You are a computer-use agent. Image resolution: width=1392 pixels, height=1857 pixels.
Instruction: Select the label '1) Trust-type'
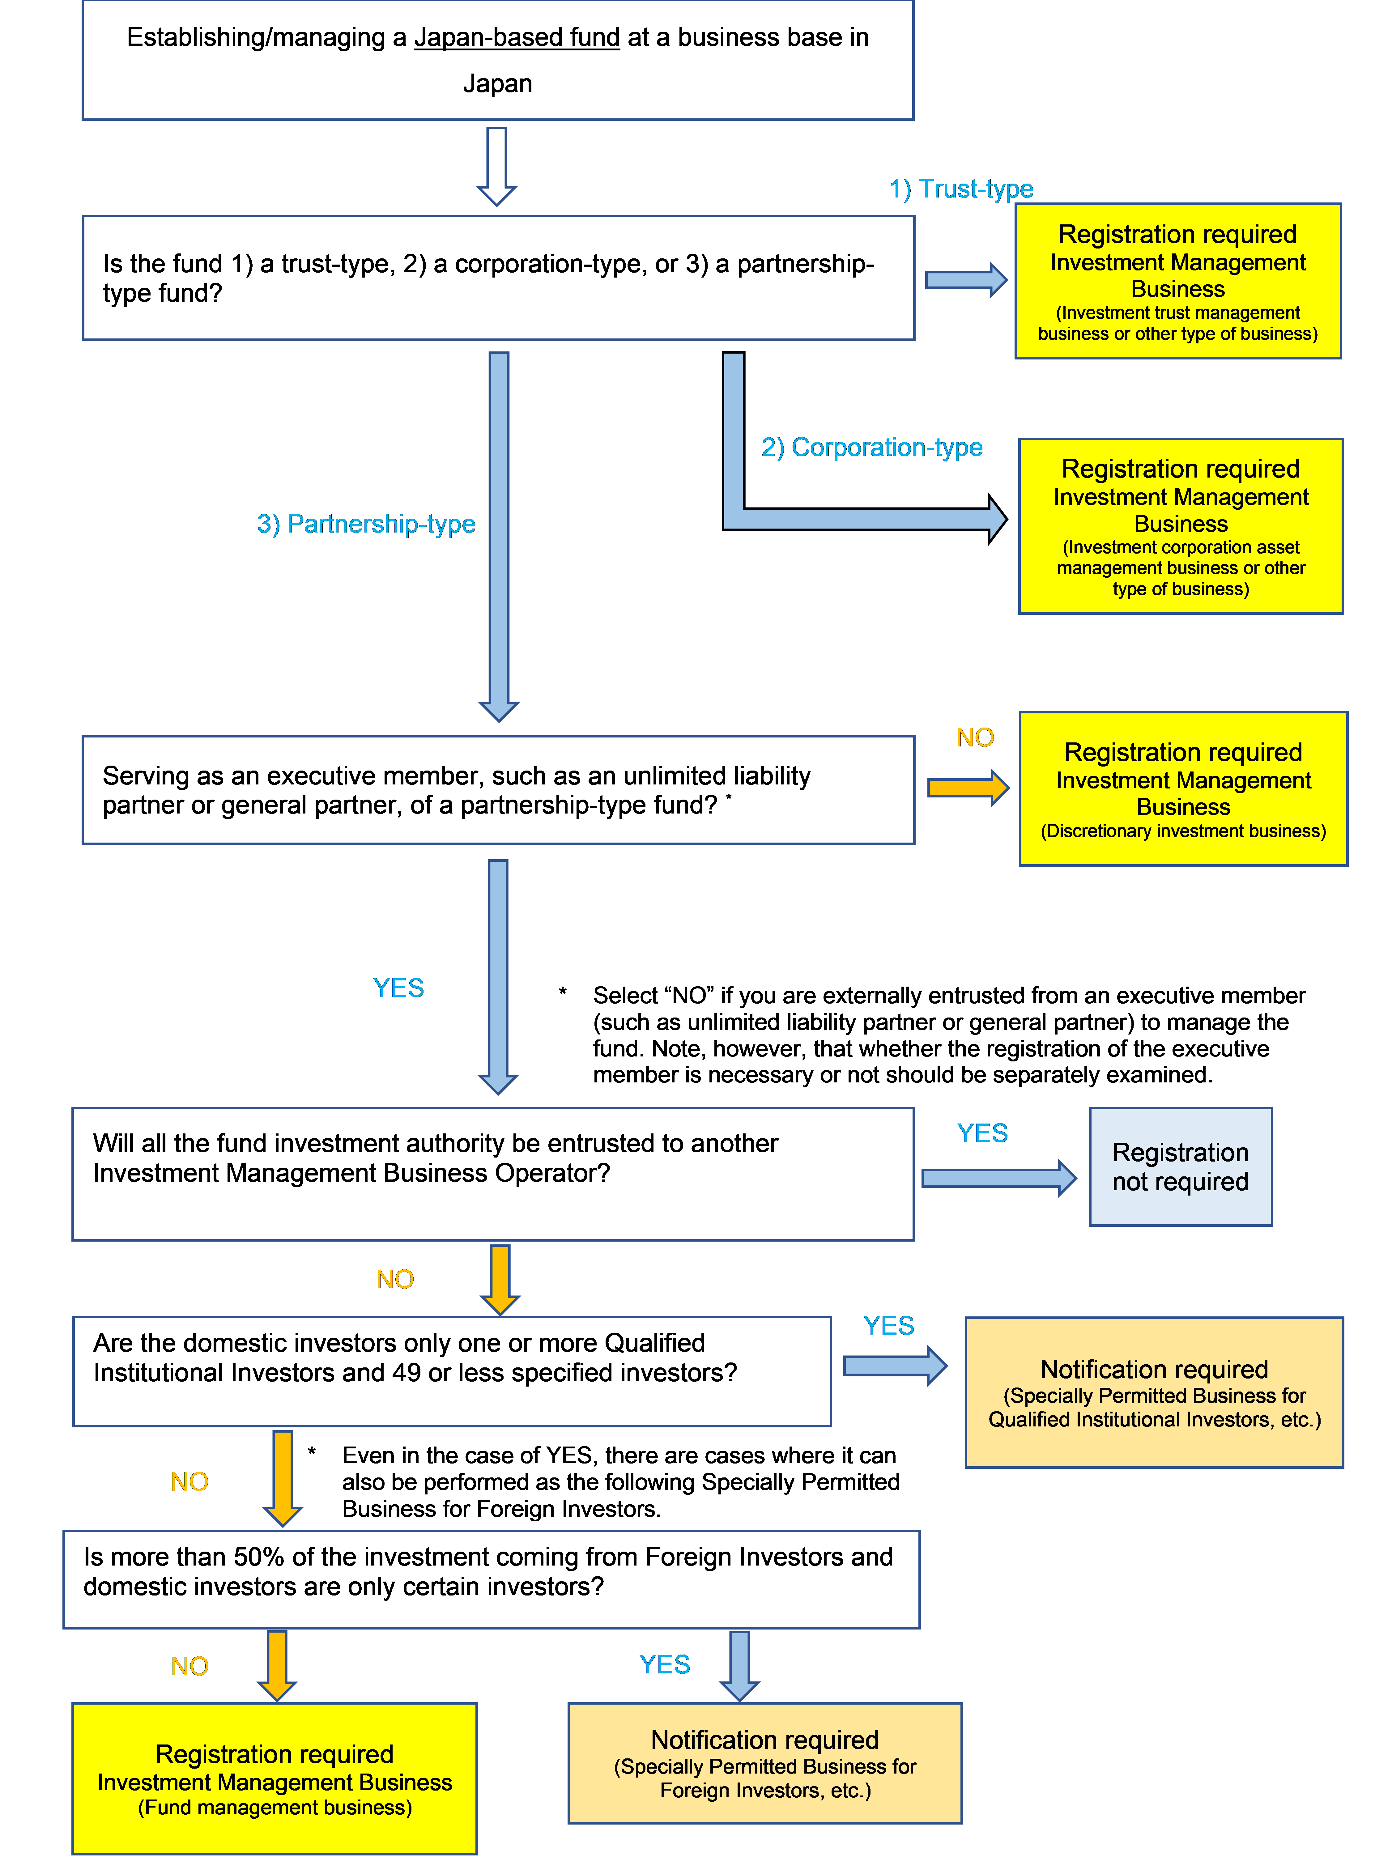coord(961,189)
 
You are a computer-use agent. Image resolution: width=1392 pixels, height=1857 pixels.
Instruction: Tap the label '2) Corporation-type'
coord(871,448)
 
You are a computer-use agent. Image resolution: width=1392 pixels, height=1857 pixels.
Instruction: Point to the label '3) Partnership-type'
coord(366,524)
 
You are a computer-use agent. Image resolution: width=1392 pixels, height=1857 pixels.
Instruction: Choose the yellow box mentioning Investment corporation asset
coord(1181,526)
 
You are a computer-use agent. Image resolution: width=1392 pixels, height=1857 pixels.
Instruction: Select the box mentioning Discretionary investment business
coord(1183,789)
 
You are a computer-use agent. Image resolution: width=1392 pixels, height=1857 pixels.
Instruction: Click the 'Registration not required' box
coord(1181,1167)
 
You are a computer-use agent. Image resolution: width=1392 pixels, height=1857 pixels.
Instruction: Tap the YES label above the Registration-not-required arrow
coord(982,1133)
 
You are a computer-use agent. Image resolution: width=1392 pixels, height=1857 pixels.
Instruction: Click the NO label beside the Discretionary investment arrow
coord(975,738)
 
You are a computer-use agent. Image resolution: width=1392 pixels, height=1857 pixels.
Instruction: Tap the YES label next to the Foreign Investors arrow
coord(664,1665)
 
